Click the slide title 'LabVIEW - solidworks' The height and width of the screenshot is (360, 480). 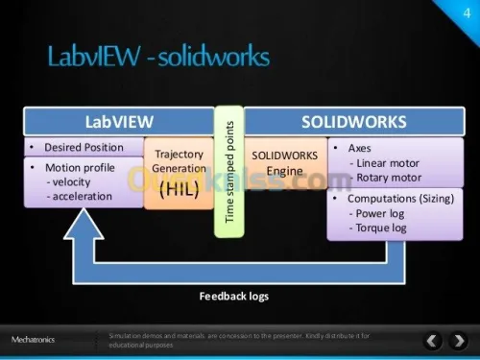tap(158, 58)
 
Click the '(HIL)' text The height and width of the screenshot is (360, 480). tap(179, 188)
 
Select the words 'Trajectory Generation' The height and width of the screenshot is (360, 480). tap(179, 160)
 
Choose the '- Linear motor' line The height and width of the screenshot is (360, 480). tap(385, 163)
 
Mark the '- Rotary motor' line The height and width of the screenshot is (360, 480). tap(385, 177)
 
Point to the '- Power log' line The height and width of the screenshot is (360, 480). tap(379, 213)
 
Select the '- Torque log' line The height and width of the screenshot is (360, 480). tap(379, 228)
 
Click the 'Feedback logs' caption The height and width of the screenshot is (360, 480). tap(233, 296)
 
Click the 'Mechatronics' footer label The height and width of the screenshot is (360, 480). tap(34, 340)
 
